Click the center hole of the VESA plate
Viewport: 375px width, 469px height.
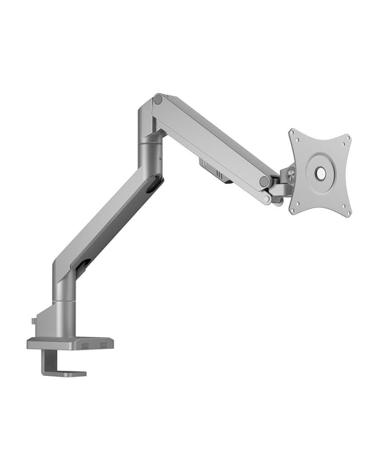[x=320, y=173]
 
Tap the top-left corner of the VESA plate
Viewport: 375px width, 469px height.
[x=292, y=133]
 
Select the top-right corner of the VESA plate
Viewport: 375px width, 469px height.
[x=346, y=138]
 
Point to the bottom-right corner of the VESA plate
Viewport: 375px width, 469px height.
[x=347, y=215]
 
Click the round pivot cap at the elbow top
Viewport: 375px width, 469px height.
[x=158, y=100]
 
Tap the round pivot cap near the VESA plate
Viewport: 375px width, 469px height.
[x=264, y=181]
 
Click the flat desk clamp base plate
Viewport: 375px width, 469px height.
[x=70, y=343]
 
